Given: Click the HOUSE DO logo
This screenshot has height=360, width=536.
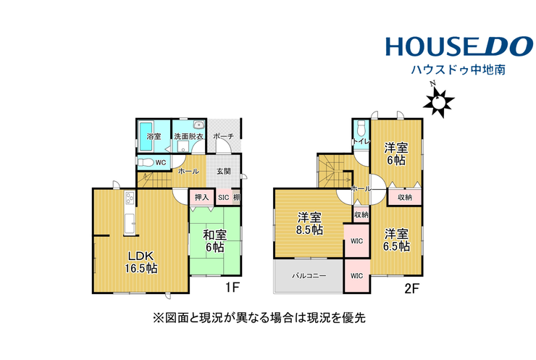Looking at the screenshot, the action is pyautogui.click(x=459, y=46).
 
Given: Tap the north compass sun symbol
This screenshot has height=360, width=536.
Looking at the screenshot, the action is pyautogui.click(x=438, y=101).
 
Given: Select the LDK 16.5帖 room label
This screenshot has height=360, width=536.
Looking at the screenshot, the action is pyautogui.click(x=141, y=262).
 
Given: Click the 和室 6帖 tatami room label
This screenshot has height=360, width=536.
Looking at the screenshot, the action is pyautogui.click(x=214, y=241).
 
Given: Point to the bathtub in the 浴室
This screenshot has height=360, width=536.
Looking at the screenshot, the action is pyautogui.click(x=146, y=136).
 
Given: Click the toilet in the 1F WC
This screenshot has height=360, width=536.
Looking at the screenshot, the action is pyautogui.click(x=146, y=162).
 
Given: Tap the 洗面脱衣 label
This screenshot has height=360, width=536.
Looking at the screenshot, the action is pyautogui.click(x=188, y=136).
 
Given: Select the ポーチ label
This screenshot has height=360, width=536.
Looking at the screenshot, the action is pyautogui.click(x=224, y=136).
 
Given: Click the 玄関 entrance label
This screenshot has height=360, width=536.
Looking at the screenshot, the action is pyautogui.click(x=224, y=171).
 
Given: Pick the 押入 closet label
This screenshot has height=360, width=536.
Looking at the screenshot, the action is pyautogui.click(x=201, y=198).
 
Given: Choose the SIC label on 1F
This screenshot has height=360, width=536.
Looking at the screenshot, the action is pyautogui.click(x=224, y=198).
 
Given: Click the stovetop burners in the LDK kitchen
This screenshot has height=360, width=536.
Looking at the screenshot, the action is pyautogui.click(x=130, y=198).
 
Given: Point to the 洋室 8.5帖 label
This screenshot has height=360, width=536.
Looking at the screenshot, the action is pyautogui.click(x=309, y=224).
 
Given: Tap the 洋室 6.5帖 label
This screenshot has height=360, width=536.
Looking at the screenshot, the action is pyautogui.click(x=396, y=240).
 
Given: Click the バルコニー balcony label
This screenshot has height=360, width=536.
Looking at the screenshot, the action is pyautogui.click(x=309, y=275).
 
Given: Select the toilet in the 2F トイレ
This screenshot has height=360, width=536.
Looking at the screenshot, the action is pyautogui.click(x=361, y=129).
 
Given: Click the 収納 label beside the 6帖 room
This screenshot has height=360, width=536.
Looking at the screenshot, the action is pyautogui.click(x=405, y=198).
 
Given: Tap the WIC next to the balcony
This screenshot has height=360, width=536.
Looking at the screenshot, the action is pyautogui.click(x=356, y=275).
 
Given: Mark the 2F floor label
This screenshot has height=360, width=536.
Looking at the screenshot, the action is pyautogui.click(x=411, y=289).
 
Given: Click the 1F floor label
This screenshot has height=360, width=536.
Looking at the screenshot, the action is pyautogui.click(x=232, y=288).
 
